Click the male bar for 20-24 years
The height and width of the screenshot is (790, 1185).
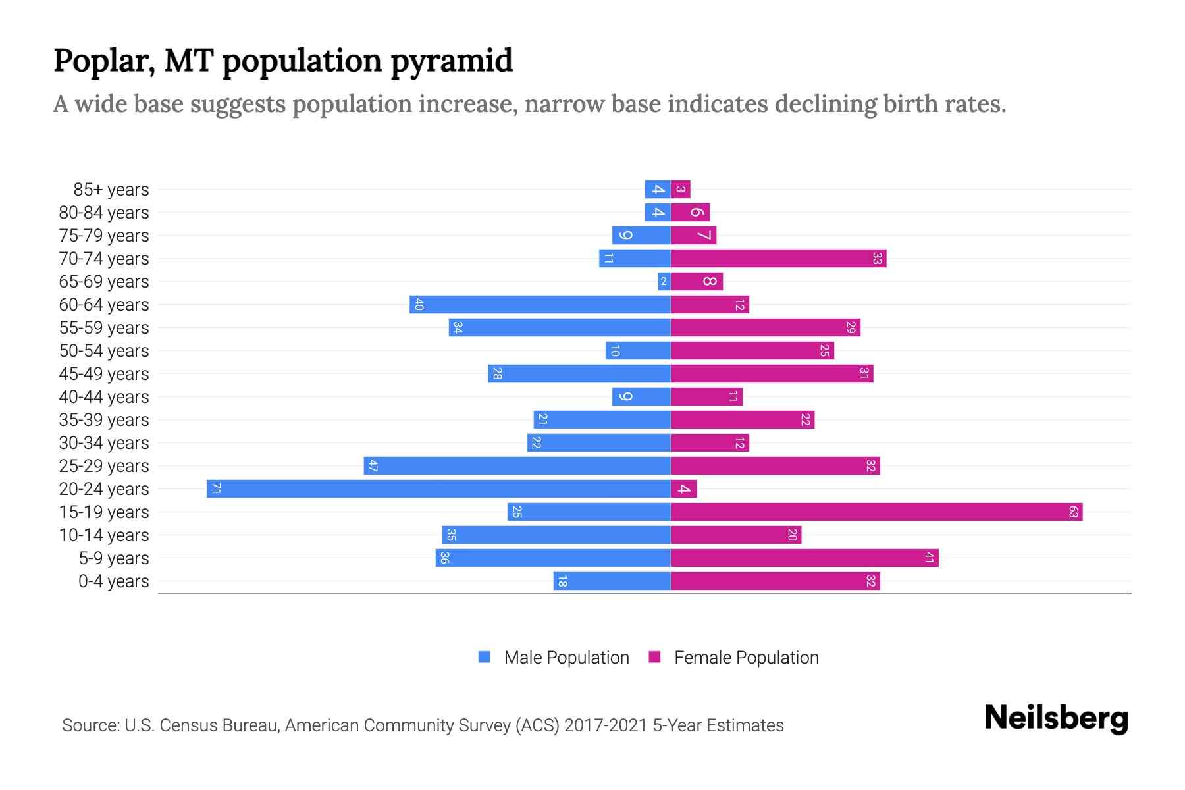point(438,488)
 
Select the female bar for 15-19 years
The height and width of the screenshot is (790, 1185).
point(876,512)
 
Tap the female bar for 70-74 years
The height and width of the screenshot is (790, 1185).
point(778,258)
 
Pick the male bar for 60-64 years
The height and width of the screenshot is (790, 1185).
point(540,304)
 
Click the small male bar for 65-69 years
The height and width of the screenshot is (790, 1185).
point(664,282)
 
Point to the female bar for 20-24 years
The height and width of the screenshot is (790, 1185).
point(684,488)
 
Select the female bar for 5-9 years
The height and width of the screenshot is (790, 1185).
point(804,558)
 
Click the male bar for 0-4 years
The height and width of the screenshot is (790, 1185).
point(612,581)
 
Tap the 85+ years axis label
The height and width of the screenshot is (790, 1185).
point(111,190)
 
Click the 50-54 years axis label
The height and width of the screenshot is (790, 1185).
point(104,351)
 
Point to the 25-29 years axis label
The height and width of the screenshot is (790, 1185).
point(104,466)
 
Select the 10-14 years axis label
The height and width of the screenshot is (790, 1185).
point(104,535)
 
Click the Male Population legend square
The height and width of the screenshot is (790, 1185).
point(485,657)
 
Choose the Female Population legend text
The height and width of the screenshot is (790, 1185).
point(746,658)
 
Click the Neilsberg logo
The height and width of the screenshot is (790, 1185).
point(1056,718)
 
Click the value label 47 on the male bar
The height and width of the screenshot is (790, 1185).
point(373,466)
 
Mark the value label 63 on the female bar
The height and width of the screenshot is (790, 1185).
point(1073,512)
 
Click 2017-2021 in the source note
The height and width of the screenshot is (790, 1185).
point(606,725)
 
